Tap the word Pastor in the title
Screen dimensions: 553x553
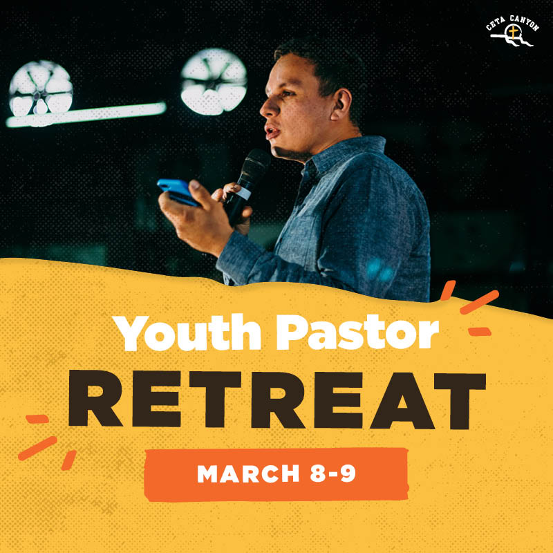[357, 332]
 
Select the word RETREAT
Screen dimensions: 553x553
[277, 400]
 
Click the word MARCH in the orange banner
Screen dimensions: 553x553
[248, 474]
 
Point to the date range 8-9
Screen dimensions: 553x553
[332, 474]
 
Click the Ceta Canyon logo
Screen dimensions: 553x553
[513, 31]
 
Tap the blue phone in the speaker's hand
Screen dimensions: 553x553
[178, 192]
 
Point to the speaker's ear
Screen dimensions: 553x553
[341, 104]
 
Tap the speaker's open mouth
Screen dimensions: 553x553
[272, 132]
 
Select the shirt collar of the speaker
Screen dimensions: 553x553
[344, 152]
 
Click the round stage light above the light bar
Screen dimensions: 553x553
[41, 88]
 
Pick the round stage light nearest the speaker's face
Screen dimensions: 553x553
[214, 82]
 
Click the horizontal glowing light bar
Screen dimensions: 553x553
[86, 114]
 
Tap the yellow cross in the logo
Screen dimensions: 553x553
[513, 32]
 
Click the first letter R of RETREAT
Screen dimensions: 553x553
[95, 398]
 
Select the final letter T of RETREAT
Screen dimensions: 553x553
[460, 401]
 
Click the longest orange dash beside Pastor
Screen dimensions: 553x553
[479, 302]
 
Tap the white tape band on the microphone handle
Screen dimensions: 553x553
[244, 193]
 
